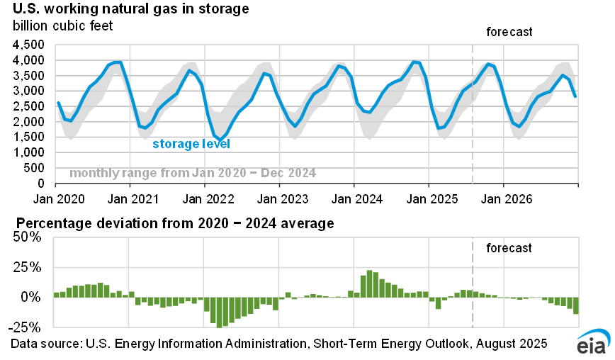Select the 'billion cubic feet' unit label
click(x=62, y=27)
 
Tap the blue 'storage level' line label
click(x=191, y=144)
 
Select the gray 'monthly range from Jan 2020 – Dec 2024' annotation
click(x=193, y=173)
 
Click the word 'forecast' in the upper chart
click(x=509, y=33)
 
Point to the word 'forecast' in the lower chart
click(x=509, y=248)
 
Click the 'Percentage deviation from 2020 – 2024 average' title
click(x=172, y=225)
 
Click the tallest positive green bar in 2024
click(x=369, y=283)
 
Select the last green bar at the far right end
click(x=576, y=305)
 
